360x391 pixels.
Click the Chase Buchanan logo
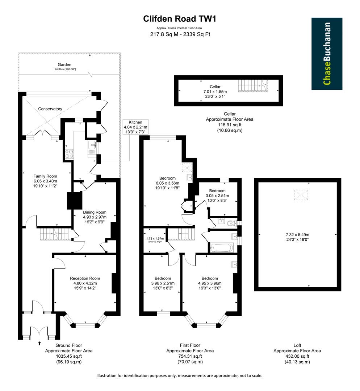click(x=327, y=54)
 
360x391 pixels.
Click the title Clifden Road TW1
click(x=180, y=19)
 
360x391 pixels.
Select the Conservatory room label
click(x=51, y=109)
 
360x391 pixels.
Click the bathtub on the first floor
click(x=222, y=248)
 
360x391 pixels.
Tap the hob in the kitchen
click(x=69, y=154)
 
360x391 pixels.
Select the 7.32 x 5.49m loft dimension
click(x=298, y=234)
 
